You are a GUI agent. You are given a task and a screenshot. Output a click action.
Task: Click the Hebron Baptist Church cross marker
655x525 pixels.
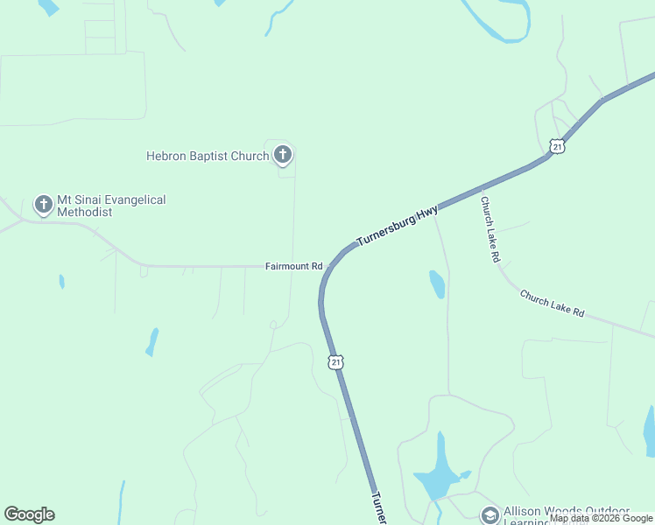pyautogui.click(x=282, y=156)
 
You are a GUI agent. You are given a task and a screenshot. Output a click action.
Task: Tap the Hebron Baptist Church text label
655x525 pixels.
pyautogui.click(x=208, y=157)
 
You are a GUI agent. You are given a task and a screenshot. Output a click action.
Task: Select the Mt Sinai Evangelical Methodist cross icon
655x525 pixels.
pyautogui.click(x=43, y=205)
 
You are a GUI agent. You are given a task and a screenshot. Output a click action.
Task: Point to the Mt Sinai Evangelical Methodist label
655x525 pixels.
pyautogui.click(x=111, y=206)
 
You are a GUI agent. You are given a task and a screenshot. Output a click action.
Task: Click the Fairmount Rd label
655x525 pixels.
pyautogui.click(x=294, y=266)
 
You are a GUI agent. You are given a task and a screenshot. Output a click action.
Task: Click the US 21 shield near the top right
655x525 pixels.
pyautogui.click(x=557, y=147)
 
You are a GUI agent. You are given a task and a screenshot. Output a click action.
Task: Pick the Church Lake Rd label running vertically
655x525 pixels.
pyautogui.click(x=489, y=229)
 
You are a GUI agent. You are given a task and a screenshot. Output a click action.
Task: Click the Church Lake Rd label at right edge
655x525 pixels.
pyautogui.click(x=552, y=304)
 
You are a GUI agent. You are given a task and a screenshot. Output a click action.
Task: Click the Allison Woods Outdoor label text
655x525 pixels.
pyautogui.click(x=567, y=512)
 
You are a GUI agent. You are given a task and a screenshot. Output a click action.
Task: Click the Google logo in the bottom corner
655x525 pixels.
pyautogui.click(x=29, y=514)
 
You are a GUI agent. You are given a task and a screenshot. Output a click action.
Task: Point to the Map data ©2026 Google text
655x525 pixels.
pyautogui.click(x=601, y=518)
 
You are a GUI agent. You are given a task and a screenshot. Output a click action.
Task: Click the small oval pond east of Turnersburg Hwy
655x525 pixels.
pyautogui.click(x=436, y=283)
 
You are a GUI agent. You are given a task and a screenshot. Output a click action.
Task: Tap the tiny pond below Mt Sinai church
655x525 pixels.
pyautogui.click(x=61, y=282)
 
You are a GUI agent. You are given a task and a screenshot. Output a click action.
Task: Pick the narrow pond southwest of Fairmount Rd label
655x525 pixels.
pyautogui.click(x=152, y=341)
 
